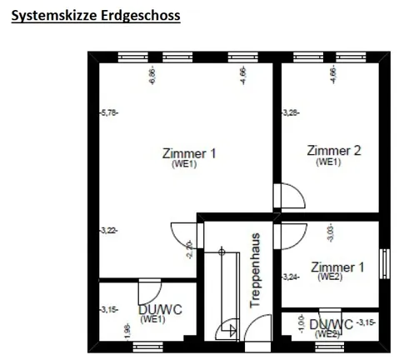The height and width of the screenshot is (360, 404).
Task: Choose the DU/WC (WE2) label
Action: click(x=331, y=326)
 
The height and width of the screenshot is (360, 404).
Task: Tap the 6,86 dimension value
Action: click(x=152, y=77)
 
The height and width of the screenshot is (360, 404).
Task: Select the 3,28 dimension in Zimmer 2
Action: click(x=290, y=111)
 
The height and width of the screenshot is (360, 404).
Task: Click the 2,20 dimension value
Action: click(x=190, y=248)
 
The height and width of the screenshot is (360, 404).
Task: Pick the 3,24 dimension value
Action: click(x=290, y=277)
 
